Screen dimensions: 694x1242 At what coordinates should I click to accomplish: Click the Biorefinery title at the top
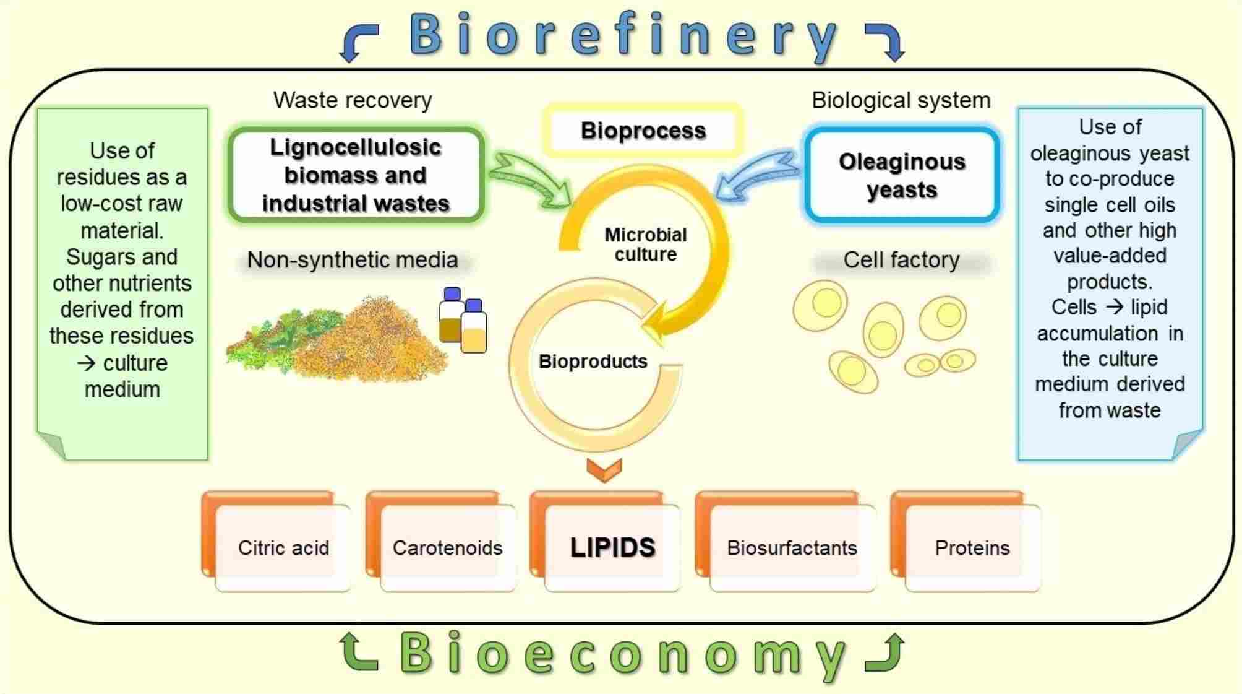click(x=623, y=36)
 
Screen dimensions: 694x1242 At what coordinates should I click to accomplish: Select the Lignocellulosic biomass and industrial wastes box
click(x=355, y=175)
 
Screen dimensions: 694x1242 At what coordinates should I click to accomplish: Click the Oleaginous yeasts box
click(x=902, y=175)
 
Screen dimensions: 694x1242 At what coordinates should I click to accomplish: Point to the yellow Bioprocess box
click(x=643, y=131)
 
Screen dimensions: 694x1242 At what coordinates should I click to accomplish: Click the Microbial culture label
click(x=645, y=245)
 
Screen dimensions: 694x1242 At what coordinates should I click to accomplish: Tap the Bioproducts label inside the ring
click(x=593, y=362)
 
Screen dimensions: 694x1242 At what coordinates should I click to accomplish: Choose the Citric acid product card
click(x=283, y=548)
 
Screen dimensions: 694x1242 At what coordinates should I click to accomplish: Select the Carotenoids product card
click(x=447, y=548)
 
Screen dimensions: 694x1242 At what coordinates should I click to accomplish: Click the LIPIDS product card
click(x=612, y=548)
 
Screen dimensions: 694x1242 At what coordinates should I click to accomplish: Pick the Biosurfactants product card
click(x=792, y=548)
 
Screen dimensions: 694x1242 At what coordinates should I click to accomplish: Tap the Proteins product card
click(x=972, y=548)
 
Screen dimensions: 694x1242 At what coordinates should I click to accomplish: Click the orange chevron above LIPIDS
click(x=604, y=469)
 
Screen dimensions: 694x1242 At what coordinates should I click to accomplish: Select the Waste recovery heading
click(x=353, y=100)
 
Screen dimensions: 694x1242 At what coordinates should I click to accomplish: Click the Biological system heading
click(x=901, y=100)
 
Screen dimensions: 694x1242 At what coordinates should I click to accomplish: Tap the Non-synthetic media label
click(x=353, y=260)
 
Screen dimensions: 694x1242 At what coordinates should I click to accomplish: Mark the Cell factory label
click(x=901, y=260)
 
